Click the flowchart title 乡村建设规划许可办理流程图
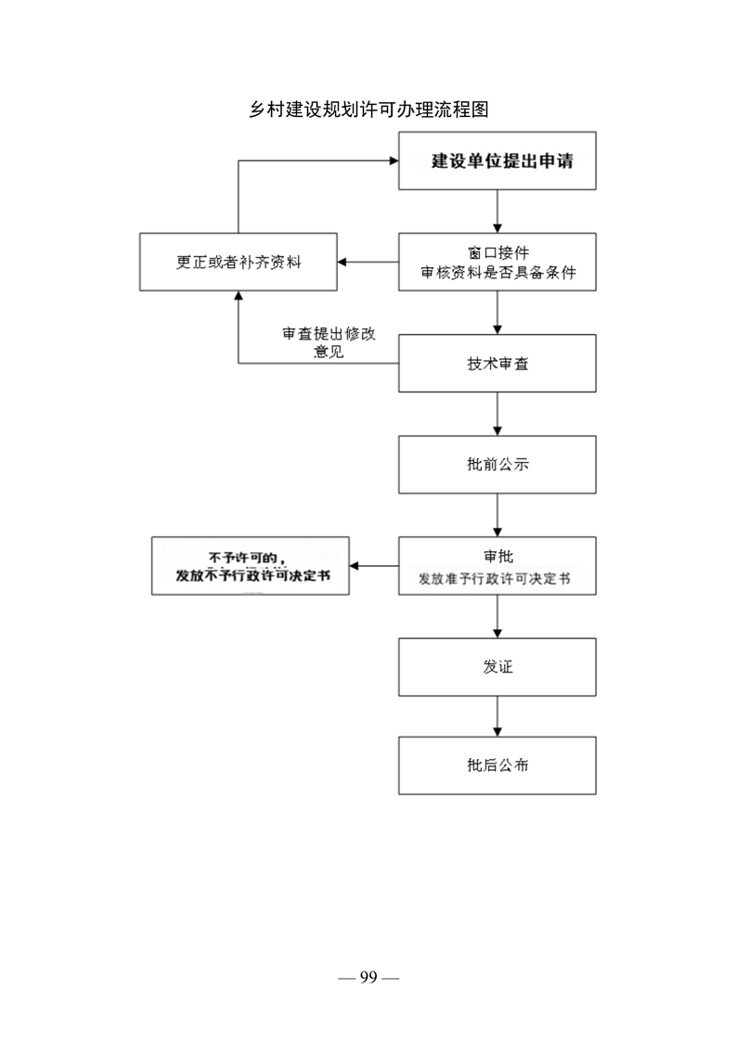point(368,109)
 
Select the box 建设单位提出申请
point(497,161)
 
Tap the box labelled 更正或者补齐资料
point(239,262)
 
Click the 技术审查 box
point(497,363)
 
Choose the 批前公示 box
point(497,465)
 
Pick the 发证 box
point(497,667)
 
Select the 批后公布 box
point(497,765)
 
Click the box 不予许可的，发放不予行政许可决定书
point(251,566)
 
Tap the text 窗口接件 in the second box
point(498,252)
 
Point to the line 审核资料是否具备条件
point(498,272)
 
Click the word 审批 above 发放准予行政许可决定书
point(498,557)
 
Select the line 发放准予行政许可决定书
point(494,579)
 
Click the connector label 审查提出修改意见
point(329,342)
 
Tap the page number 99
point(368,977)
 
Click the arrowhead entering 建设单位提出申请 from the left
point(394,161)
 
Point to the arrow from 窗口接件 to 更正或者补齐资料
point(368,262)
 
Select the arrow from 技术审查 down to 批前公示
point(497,414)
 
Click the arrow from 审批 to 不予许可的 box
point(374,566)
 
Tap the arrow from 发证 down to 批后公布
point(497,716)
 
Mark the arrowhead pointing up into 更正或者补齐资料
point(239,295)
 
